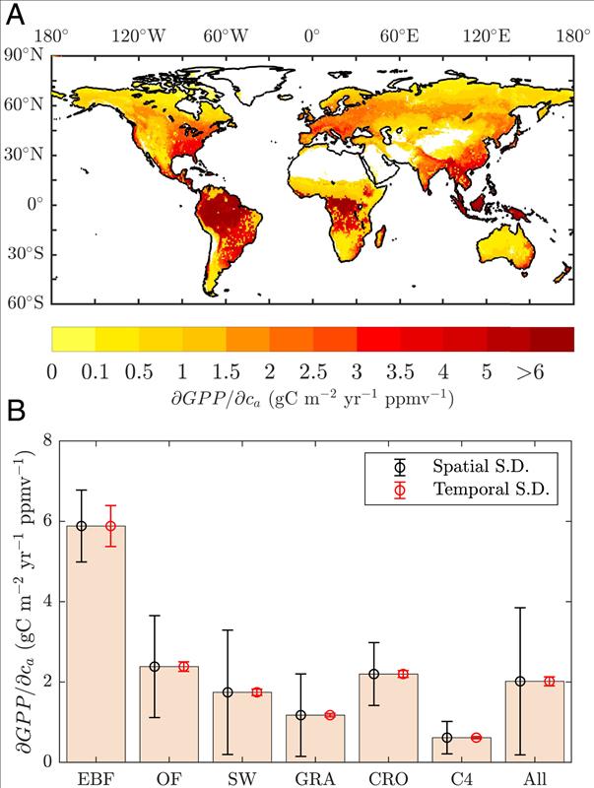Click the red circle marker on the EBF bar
(111, 525)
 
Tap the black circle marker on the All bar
(520, 682)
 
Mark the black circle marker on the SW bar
(229, 692)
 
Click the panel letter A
(16, 15)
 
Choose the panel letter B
(16, 406)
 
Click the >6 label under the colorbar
(552, 375)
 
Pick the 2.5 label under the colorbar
(312, 375)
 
